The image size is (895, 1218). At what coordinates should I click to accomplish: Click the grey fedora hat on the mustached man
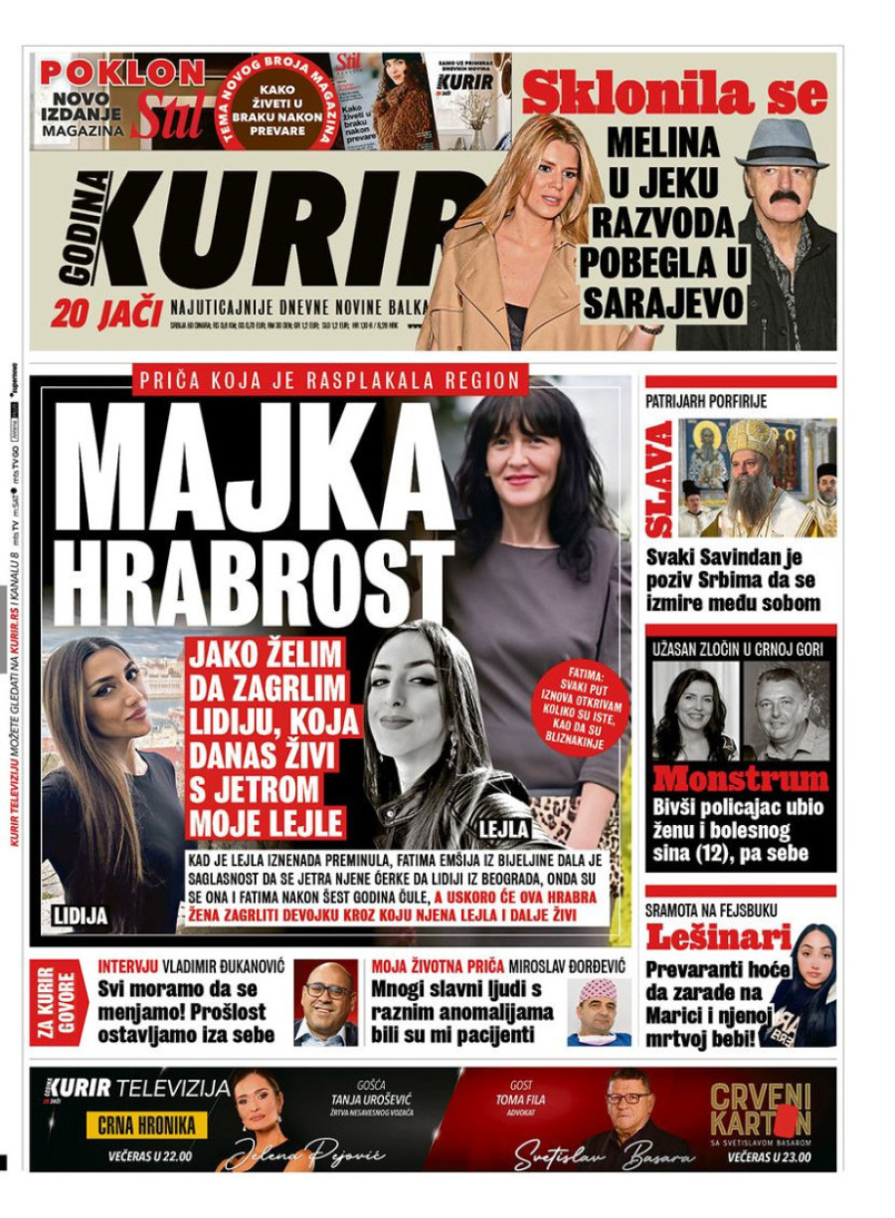[x=782, y=143]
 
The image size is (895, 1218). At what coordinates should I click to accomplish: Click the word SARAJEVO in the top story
[x=663, y=302]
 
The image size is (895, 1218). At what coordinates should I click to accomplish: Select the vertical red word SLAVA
[x=660, y=478]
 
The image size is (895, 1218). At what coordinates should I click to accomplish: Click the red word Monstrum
[x=740, y=778]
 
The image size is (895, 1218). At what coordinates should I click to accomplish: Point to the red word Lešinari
[x=718, y=937]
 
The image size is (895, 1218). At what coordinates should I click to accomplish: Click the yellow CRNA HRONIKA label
[x=151, y=1125]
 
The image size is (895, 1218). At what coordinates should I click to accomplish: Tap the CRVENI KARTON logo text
[x=760, y=1110]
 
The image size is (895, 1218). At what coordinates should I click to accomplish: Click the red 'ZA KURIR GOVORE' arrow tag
[x=58, y=1003]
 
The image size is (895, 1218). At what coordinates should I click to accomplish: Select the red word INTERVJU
[x=129, y=965]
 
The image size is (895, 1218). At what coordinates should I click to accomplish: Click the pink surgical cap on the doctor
[x=599, y=989]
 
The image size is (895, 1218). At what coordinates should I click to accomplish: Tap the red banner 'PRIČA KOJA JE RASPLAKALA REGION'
[x=329, y=379]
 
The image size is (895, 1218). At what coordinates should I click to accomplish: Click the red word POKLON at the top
[x=121, y=72]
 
